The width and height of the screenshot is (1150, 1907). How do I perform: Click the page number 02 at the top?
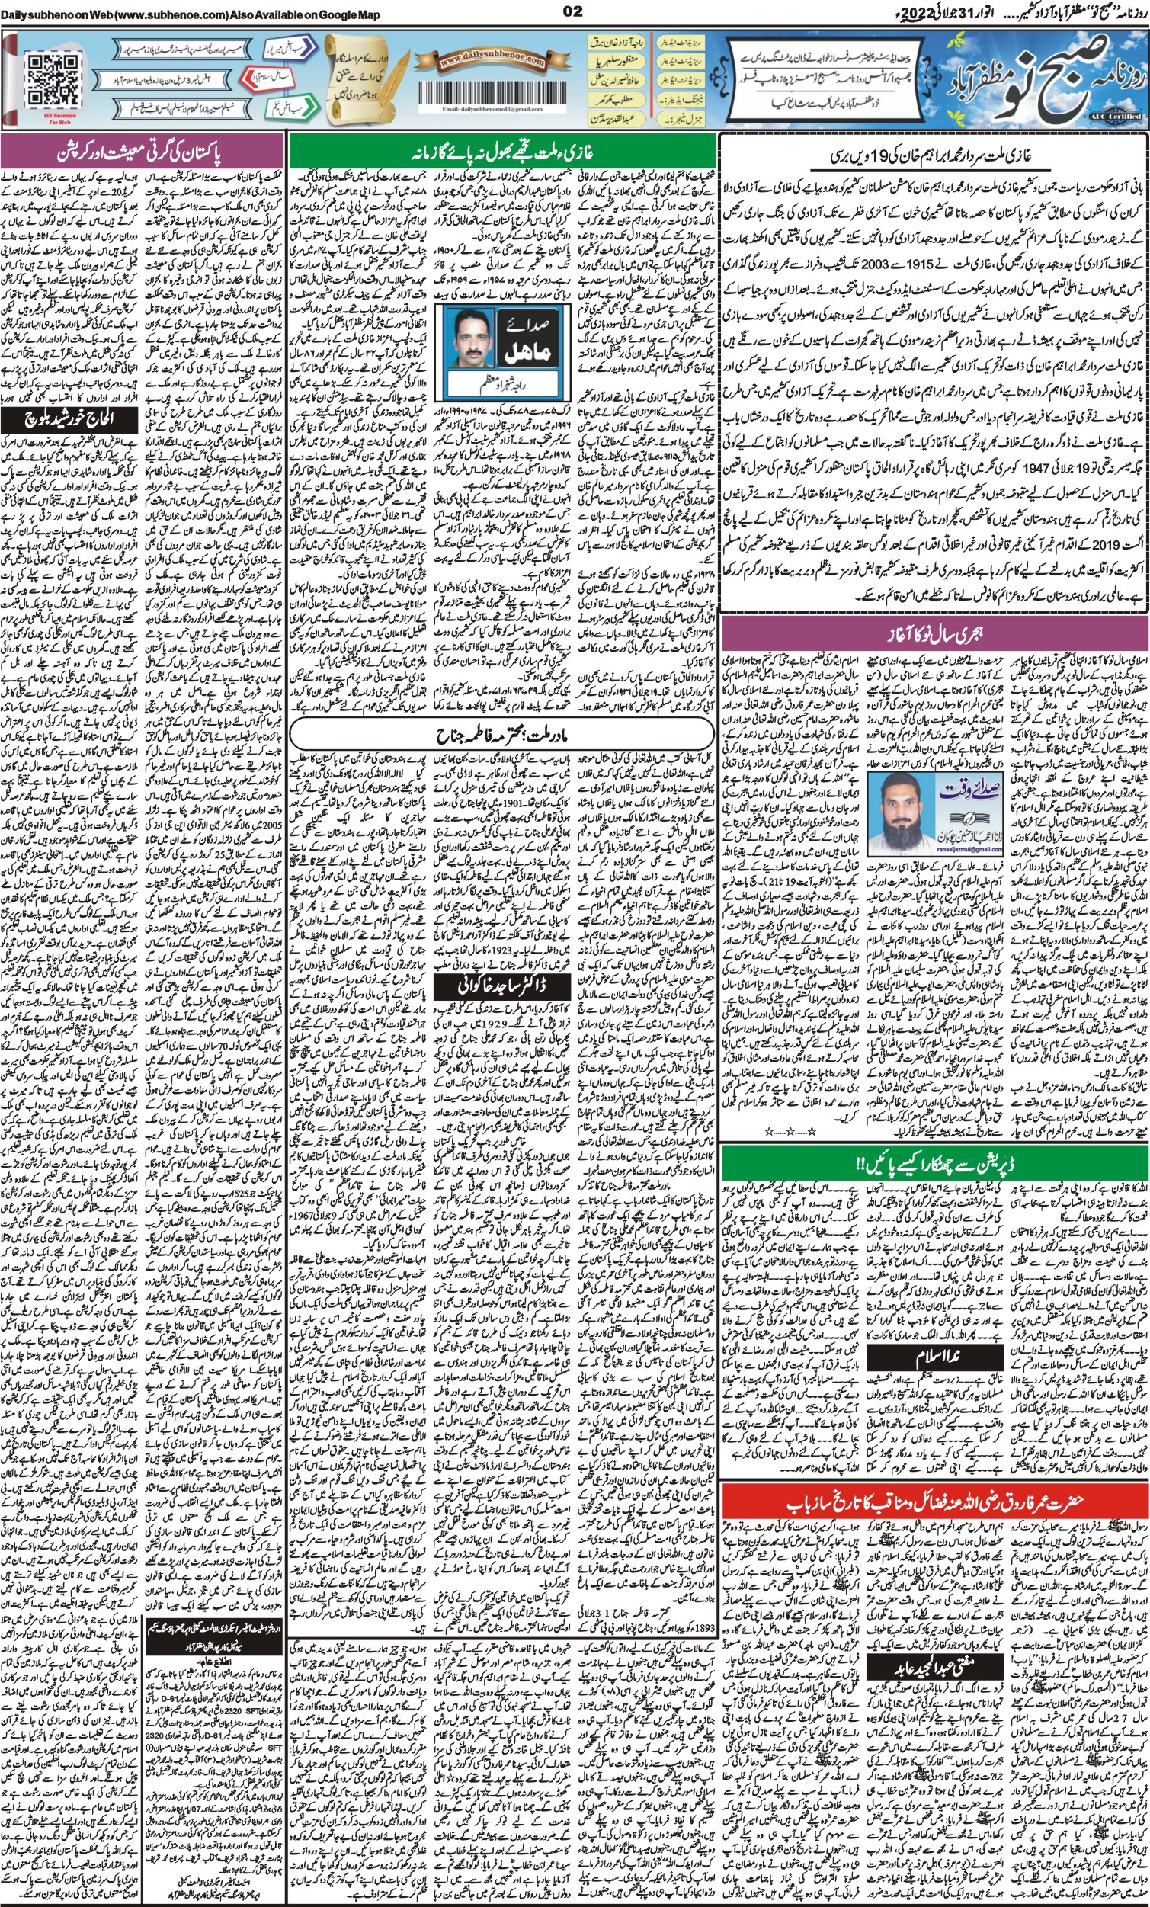point(573,11)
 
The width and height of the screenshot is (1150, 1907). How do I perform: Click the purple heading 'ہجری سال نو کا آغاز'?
point(934,635)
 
